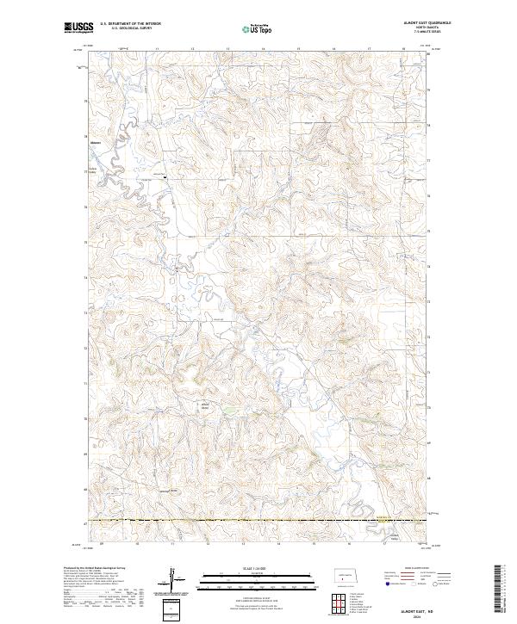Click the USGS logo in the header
click(78, 28)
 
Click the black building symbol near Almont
click(165, 176)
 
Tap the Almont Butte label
click(206, 405)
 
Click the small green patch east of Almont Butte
click(226, 411)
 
